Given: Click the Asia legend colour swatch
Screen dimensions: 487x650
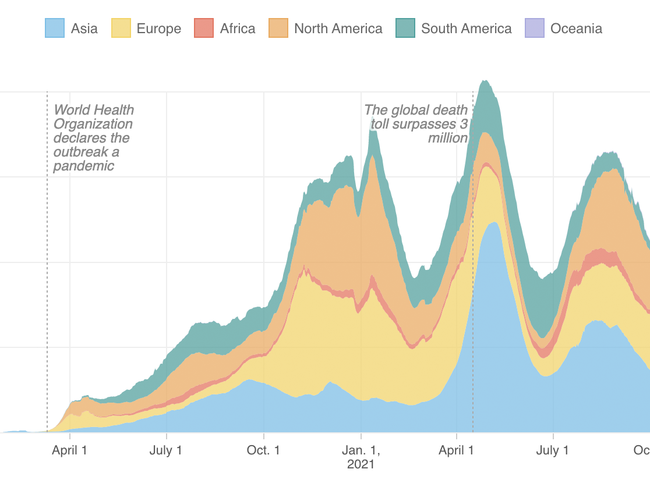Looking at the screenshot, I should (55, 28).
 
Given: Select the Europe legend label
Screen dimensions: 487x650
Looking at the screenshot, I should (158, 29).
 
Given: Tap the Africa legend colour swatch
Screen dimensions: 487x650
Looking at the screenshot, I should (204, 28).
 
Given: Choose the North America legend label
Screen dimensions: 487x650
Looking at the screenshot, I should (338, 29).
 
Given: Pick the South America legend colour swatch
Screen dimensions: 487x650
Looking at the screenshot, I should (405, 28).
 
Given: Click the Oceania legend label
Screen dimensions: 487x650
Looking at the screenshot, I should (576, 29).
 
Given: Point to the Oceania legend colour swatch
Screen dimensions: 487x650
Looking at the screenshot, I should (535, 28).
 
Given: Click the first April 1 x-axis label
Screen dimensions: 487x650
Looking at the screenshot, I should (70, 450).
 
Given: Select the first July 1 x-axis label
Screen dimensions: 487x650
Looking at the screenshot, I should (167, 450).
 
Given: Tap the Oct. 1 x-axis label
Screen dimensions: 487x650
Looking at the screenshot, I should (264, 450).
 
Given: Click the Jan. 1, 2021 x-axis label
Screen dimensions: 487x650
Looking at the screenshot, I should (361, 457).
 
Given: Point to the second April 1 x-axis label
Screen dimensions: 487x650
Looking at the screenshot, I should (457, 450).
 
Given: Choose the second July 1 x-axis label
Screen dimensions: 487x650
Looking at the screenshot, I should (553, 450).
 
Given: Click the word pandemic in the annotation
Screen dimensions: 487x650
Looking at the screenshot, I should (84, 166).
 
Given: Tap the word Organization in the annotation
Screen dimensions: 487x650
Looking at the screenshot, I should (93, 124).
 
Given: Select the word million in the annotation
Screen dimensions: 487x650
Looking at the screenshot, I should (448, 138).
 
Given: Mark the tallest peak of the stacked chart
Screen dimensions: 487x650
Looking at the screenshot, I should (485, 81).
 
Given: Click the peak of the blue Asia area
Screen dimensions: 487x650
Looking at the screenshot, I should (494, 222).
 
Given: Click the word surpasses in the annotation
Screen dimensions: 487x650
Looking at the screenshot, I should (426, 124).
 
